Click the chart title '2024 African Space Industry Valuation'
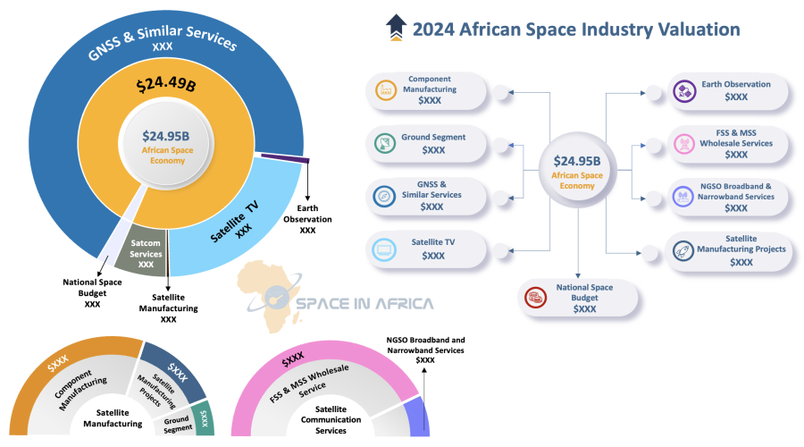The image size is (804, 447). coord(575,29)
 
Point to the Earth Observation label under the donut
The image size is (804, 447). coord(307,220)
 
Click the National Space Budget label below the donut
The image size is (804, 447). coord(92,292)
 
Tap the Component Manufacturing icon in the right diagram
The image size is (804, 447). coord(387,89)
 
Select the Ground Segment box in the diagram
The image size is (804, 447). coord(430,143)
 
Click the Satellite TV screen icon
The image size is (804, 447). coord(387,249)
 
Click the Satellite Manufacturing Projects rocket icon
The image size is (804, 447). coord(683,250)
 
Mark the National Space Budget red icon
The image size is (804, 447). coord(536,297)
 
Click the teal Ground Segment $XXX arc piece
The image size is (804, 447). coord(205,417)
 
